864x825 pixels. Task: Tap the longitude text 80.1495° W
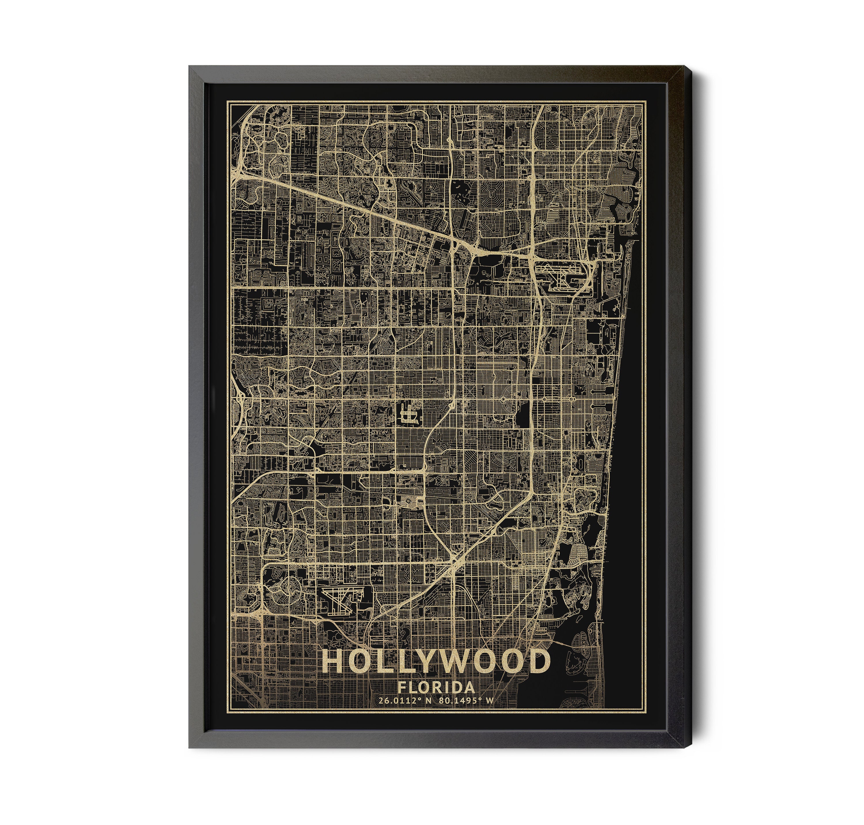coord(466,713)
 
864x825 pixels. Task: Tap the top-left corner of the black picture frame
coord(190,67)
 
